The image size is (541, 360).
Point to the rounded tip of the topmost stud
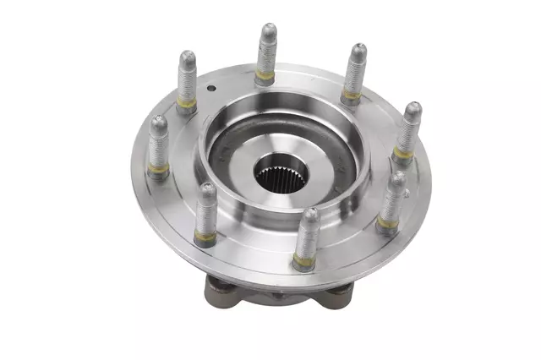coord(267,31)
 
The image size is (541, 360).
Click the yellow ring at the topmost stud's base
coord(265,78)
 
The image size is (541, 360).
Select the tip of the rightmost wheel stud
coord(413,110)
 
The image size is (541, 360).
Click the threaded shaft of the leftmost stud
coord(157,147)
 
